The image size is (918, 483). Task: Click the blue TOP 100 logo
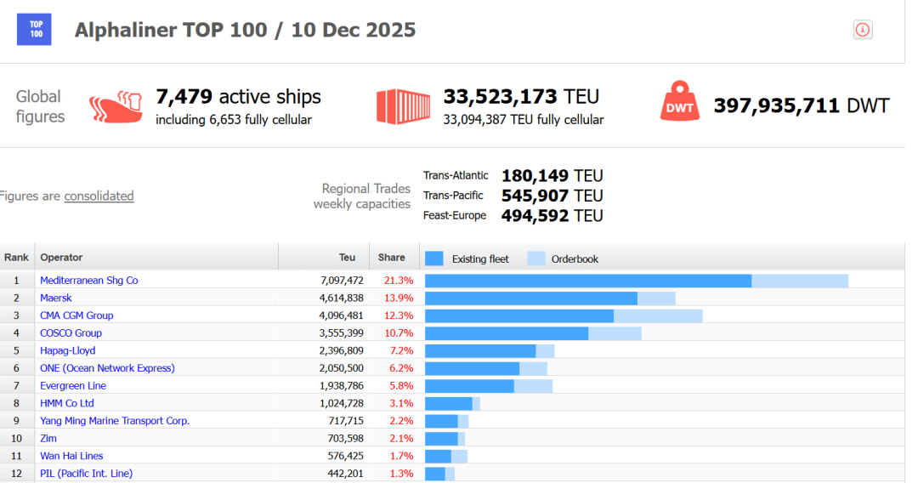coord(34,29)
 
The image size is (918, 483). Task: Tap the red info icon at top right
coord(863,30)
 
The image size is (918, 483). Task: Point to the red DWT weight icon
coord(680,102)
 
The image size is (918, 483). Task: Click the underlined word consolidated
coord(99,196)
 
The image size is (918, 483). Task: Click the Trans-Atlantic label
coord(456,176)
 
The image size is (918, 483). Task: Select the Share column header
coord(392,258)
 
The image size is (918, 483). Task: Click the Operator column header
coord(61,258)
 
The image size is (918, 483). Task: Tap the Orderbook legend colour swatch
coord(536,259)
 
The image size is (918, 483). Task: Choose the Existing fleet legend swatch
coord(434,259)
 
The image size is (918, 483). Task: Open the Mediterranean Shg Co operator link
coord(88,280)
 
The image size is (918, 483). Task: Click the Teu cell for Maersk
coord(341,298)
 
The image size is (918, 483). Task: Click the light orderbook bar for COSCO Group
coord(615,333)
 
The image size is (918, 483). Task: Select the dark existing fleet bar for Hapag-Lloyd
coord(480,351)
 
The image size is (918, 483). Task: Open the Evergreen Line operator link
coord(73,386)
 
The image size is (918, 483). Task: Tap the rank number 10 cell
coord(16,439)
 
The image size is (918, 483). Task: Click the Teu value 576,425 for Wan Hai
coord(341,457)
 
